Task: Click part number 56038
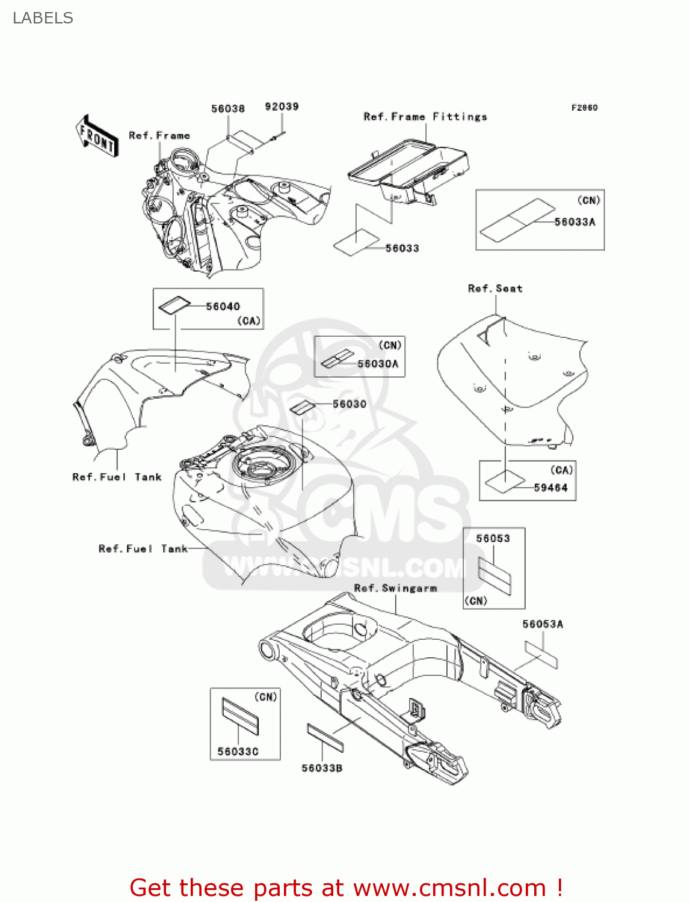227,109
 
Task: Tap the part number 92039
282,106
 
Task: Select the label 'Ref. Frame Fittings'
425,117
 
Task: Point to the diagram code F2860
584,108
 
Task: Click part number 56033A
574,222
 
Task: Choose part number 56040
223,307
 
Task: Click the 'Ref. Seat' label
495,289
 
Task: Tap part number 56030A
378,364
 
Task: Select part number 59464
550,488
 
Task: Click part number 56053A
543,624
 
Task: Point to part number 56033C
238,752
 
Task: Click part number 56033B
322,768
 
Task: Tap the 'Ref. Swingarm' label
395,588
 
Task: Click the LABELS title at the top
43,18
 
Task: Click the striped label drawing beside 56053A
541,655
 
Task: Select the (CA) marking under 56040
249,321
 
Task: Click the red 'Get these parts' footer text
346,888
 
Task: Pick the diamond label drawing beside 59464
505,480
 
